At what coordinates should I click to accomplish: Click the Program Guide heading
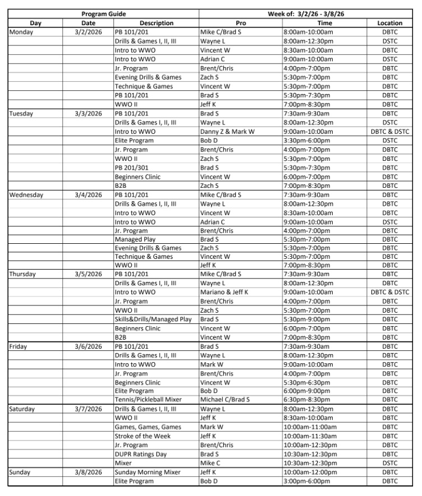(103, 13)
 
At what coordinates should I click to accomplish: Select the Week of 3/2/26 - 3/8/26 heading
(308, 13)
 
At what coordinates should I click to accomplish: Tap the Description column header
(156, 23)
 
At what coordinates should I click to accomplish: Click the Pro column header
(240, 23)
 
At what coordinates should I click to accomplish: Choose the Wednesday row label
(26, 194)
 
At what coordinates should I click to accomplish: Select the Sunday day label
(20, 472)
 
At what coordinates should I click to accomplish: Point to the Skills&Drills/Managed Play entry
(153, 319)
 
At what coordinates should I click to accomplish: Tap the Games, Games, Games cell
(148, 427)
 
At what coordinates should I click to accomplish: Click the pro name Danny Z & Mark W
(227, 132)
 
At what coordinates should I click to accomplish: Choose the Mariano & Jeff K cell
(224, 292)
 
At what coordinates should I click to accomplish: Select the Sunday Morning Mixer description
(146, 472)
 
